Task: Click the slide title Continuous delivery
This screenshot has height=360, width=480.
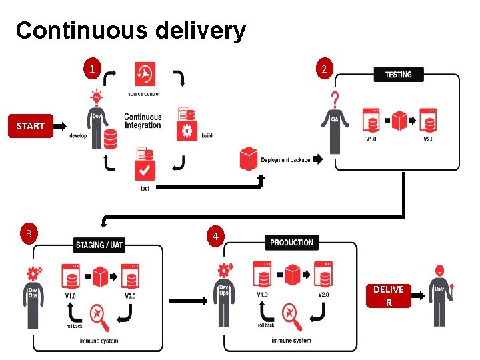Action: [131, 31]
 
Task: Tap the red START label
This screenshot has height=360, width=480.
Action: [31, 126]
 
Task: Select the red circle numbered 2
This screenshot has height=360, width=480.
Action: [323, 69]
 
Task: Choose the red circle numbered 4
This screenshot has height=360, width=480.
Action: [214, 236]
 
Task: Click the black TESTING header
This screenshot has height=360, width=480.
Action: [398, 75]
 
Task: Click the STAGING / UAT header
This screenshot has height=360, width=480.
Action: [99, 245]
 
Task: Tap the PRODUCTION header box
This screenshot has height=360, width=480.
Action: [291, 243]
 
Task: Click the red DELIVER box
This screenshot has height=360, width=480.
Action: [388, 295]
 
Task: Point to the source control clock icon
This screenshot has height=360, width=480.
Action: [144, 74]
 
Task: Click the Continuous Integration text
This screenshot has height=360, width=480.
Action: [143, 121]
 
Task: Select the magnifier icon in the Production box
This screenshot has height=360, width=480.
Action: [291, 314]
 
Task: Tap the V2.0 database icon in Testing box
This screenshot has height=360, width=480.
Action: [427, 121]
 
